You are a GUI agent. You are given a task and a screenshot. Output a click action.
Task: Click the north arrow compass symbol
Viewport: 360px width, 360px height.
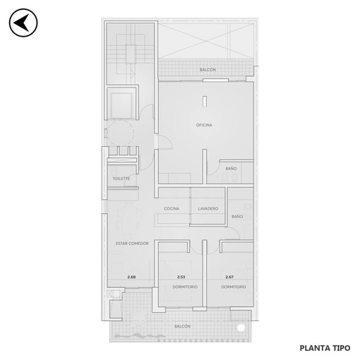pos(23,23)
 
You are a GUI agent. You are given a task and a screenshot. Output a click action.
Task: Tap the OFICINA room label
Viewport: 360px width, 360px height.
pos(204,125)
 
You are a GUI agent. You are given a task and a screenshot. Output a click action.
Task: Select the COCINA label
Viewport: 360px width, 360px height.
pos(172,208)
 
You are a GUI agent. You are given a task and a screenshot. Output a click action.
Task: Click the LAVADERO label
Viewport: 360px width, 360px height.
pos(208,208)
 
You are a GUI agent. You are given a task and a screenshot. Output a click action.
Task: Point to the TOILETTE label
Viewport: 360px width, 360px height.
pos(121,179)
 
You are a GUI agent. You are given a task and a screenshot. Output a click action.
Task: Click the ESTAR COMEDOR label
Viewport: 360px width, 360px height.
pos(132,244)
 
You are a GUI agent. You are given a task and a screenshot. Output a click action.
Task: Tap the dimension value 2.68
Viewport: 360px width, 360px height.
pos(131,277)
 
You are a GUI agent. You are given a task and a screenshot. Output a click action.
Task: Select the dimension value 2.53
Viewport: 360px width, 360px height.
pos(181,277)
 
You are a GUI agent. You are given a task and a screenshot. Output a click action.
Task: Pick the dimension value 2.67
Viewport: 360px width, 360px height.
pos(229,277)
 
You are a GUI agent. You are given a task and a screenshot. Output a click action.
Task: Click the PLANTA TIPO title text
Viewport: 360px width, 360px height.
pos(325,348)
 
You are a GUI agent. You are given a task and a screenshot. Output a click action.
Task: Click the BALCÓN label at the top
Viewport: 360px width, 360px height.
pos(208,70)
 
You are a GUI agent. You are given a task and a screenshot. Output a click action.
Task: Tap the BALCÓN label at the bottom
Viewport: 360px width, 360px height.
pos(182,326)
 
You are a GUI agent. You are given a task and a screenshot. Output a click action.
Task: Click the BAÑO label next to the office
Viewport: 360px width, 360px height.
pos(231,169)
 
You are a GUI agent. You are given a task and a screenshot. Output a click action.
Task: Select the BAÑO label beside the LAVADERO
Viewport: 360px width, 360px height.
pos(237,216)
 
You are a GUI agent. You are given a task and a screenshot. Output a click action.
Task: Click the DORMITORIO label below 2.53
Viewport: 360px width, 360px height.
pos(185,287)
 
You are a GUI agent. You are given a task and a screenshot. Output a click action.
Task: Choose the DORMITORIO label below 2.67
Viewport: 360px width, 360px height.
pos(234,287)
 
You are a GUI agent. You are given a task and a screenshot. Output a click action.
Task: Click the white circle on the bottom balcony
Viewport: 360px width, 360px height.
pos(241,328)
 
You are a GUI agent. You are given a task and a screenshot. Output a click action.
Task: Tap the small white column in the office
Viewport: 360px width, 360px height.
pos(205,102)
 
